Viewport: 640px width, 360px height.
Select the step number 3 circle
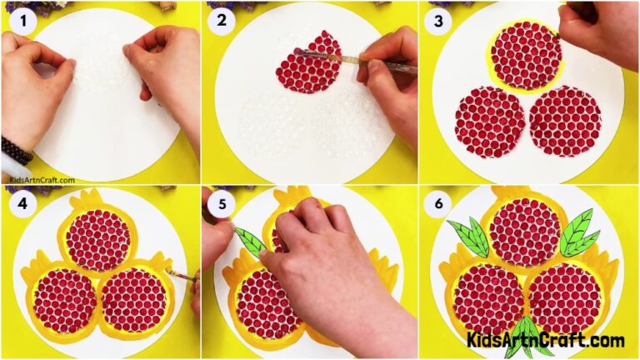click(438, 19)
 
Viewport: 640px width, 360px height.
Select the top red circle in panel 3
click(525, 56)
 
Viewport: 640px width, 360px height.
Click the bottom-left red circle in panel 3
click(489, 122)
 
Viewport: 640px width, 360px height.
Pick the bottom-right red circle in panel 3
click(564, 121)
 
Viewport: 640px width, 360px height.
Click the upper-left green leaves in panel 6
click(469, 237)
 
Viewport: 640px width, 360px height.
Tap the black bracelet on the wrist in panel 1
click(16, 150)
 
